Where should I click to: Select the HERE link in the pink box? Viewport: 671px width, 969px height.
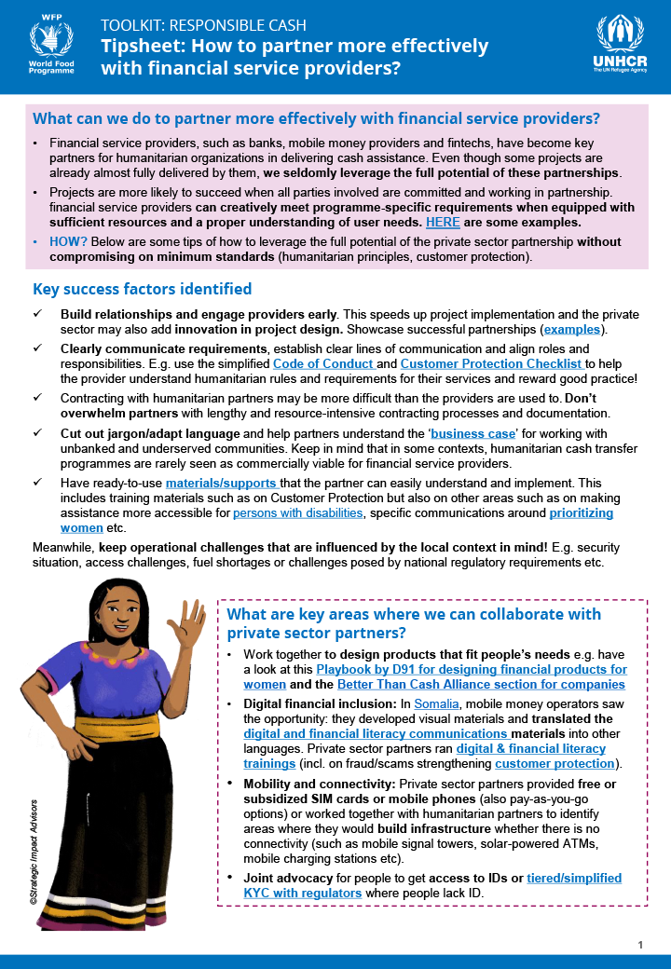(442, 223)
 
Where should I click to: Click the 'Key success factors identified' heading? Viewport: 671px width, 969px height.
(142, 289)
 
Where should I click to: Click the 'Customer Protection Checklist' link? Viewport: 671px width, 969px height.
(492, 363)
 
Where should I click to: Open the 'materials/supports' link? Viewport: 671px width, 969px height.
(222, 483)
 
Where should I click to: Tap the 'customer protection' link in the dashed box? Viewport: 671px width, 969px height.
(560, 764)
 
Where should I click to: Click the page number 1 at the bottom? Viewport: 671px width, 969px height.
(640, 946)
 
